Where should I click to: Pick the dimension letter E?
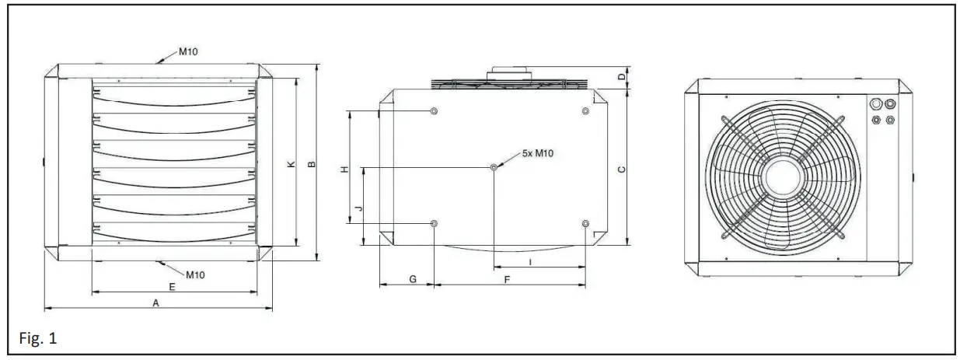point(172,286)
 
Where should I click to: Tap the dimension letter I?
point(530,262)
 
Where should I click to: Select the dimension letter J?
point(358,208)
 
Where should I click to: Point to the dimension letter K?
point(289,164)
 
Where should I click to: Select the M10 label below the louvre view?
point(196,274)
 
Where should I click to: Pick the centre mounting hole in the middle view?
point(494,167)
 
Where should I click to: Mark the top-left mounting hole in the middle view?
point(434,112)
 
